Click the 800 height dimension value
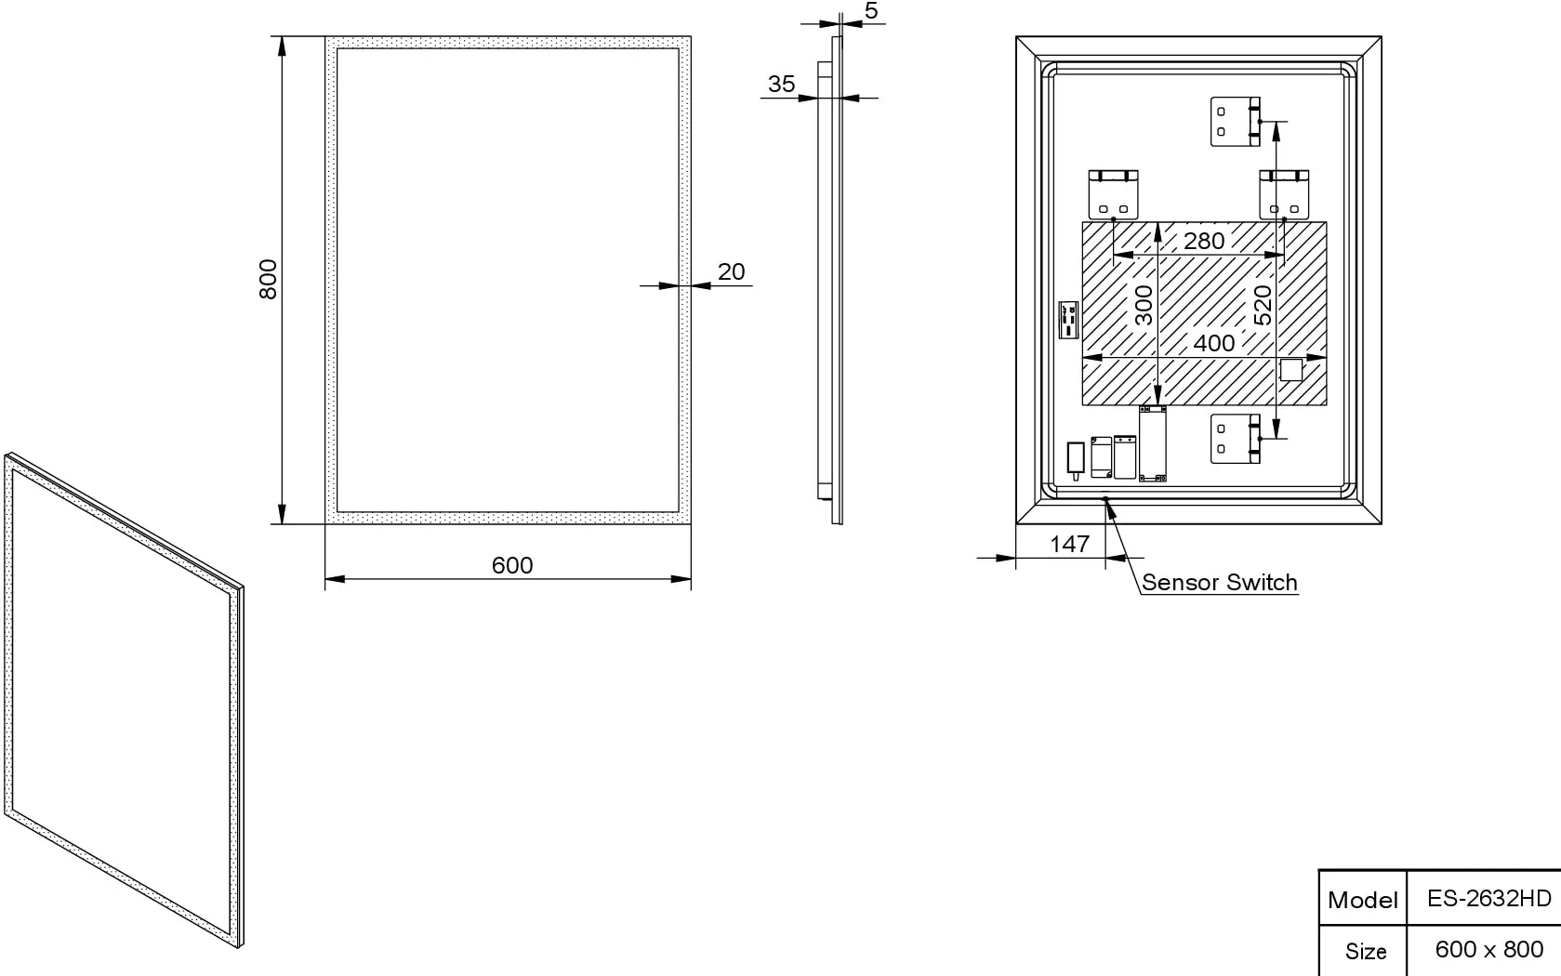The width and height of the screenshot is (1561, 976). (269, 280)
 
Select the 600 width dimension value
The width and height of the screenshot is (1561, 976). (512, 565)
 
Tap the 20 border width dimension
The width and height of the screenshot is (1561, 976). (731, 271)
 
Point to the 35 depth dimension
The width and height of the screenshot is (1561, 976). (781, 84)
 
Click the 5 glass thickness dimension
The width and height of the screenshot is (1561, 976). (871, 10)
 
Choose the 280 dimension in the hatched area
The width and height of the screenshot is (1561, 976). (1204, 241)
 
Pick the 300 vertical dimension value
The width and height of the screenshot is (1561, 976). (1144, 305)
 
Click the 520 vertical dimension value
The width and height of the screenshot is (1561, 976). (1263, 305)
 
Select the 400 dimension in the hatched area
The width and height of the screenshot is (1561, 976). (1214, 343)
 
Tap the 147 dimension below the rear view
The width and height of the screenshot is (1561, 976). (1070, 544)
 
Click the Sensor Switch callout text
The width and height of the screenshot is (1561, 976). (1220, 582)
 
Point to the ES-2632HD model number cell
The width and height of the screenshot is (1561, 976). (1489, 898)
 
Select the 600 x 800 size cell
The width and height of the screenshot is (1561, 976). (1489, 949)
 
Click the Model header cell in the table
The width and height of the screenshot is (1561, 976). (1362, 900)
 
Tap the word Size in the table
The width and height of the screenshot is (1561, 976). (1366, 951)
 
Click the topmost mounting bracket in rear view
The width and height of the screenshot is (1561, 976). (1236, 122)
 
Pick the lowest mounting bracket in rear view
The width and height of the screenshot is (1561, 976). (1236, 439)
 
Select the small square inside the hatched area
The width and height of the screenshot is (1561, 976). (1290, 369)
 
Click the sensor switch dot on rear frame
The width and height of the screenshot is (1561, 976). (1105, 498)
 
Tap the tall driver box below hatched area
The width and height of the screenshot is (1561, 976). (1153, 443)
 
